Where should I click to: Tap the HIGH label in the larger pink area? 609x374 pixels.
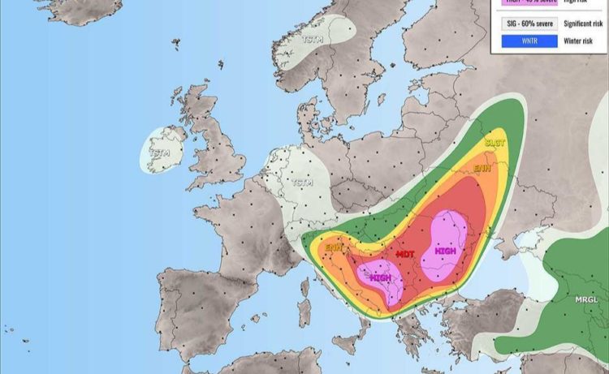pyautogui.click(x=445, y=251)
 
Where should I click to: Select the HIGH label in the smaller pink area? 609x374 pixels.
pyautogui.click(x=380, y=277)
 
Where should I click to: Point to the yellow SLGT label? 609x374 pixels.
pyautogui.click(x=495, y=142)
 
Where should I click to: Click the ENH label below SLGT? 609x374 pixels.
pyautogui.click(x=482, y=169)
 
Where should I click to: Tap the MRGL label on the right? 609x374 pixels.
pyautogui.click(x=586, y=299)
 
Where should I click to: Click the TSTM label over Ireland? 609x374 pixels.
pyautogui.click(x=160, y=152)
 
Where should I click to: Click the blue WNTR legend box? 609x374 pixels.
pyautogui.click(x=529, y=41)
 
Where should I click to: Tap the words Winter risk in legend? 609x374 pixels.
pyautogui.click(x=582, y=41)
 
